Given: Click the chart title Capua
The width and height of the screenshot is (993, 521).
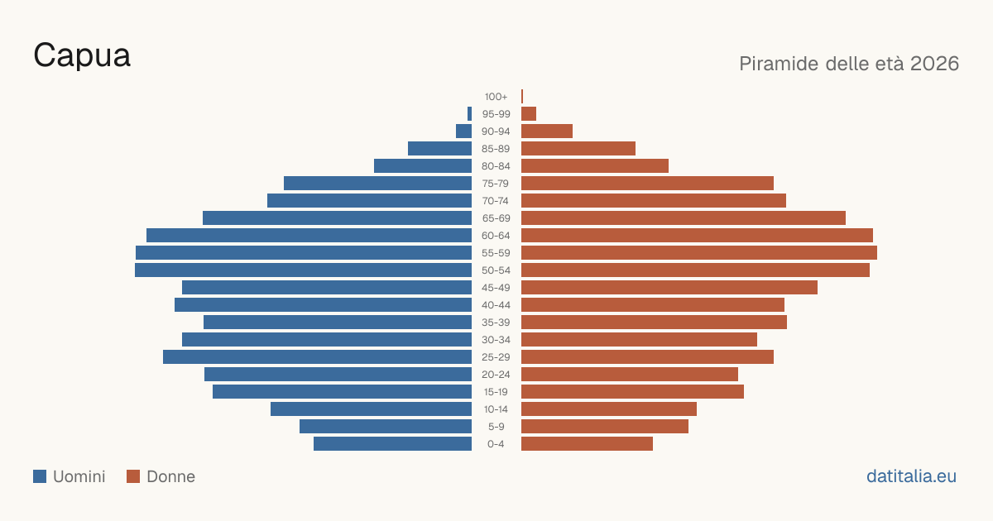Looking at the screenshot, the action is click(x=82, y=56).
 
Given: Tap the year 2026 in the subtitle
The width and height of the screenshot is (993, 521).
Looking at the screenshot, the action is click(x=934, y=64).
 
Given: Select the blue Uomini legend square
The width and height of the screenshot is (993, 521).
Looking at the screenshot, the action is click(x=40, y=476).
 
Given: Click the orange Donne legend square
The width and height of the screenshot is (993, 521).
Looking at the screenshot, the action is click(x=133, y=476).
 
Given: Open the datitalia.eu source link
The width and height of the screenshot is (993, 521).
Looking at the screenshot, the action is click(x=911, y=476).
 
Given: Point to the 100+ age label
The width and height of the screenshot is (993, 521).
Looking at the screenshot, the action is click(x=496, y=97).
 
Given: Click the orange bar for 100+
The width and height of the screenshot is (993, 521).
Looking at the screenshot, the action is click(x=522, y=96).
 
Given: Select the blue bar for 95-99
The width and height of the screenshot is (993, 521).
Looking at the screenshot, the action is click(x=469, y=114).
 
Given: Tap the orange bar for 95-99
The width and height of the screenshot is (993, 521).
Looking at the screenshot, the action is click(x=529, y=114).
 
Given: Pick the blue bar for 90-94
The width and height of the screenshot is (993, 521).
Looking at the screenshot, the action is click(x=463, y=131).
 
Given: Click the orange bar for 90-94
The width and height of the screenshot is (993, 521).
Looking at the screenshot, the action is click(x=547, y=131).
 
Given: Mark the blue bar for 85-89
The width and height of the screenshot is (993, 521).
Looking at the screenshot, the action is click(x=439, y=148).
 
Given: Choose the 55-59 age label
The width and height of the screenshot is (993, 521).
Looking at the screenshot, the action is click(x=496, y=253).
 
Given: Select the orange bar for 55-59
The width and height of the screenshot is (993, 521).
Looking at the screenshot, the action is click(x=699, y=252).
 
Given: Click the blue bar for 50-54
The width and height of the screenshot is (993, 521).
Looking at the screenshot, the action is click(x=303, y=270).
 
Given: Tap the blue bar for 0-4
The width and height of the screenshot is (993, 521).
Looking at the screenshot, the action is click(x=393, y=444).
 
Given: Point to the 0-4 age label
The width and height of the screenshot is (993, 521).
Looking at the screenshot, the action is click(x=496, y=444).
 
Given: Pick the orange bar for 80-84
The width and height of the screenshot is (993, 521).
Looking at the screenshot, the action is click(x=595, y=165).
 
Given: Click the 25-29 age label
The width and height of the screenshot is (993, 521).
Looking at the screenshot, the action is click(x=496, y=357).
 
